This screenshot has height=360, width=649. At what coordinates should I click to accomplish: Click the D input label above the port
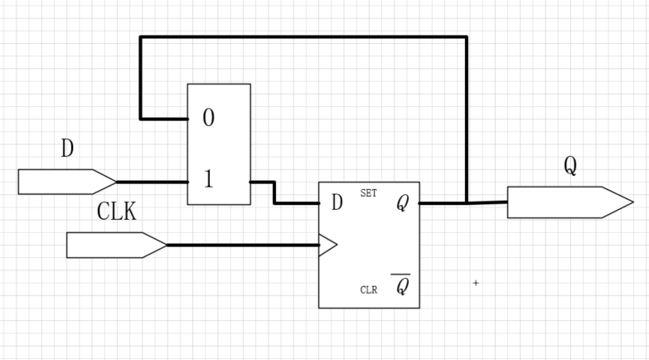[68, 149]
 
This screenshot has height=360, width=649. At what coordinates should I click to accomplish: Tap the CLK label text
[117, 212]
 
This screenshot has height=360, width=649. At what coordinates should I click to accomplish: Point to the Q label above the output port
[570, 166]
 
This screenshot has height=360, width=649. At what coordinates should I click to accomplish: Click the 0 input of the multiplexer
[208, 119]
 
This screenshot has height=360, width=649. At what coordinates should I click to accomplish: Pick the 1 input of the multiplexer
[208, 180]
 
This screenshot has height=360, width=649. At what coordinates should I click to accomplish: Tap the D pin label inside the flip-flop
[337, 202]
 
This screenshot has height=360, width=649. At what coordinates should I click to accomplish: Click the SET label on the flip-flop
[369, 193]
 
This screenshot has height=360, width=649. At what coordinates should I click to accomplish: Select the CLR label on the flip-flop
[369, 290]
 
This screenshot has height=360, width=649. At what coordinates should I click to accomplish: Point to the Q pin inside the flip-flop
[402, 203]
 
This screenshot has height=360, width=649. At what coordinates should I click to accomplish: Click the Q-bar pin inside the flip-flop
[401, 286]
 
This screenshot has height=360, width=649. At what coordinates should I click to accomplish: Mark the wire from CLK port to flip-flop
[240, 245]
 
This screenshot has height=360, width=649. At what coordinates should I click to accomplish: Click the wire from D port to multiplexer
[153, 181]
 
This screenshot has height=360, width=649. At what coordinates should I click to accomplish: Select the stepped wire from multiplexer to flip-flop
[274, 192]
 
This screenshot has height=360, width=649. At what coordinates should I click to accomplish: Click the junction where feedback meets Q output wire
[467, 202]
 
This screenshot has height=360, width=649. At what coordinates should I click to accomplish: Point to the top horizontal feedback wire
[303, 37]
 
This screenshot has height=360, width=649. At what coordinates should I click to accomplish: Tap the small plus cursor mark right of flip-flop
[476, 284]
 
